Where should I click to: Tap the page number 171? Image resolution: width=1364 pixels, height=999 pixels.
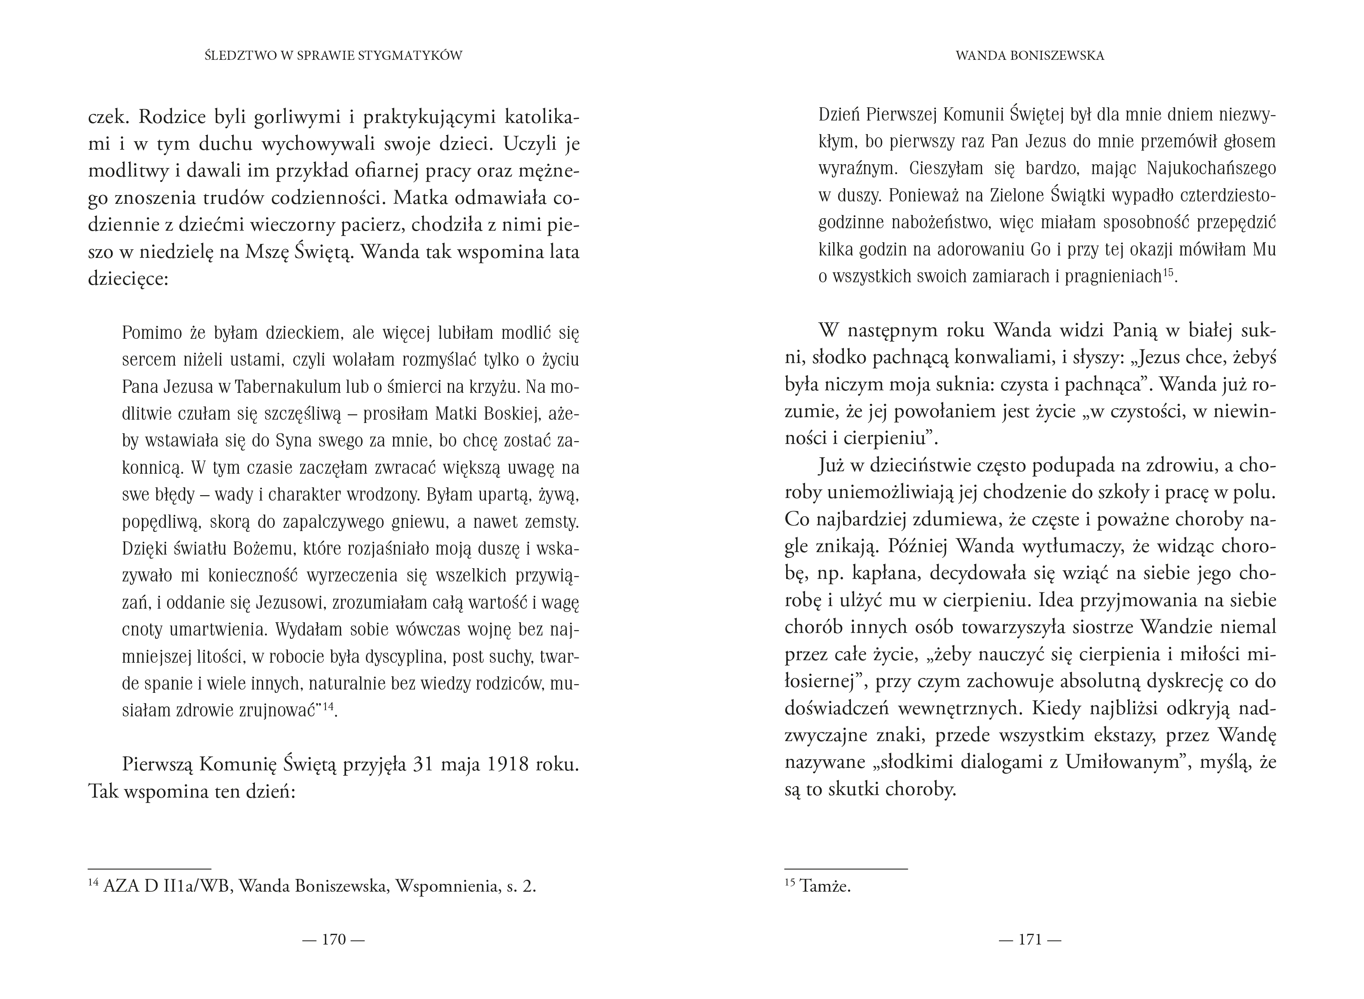pos(1030,939)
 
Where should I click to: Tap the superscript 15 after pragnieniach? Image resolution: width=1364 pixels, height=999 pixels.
pos(1168,273)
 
